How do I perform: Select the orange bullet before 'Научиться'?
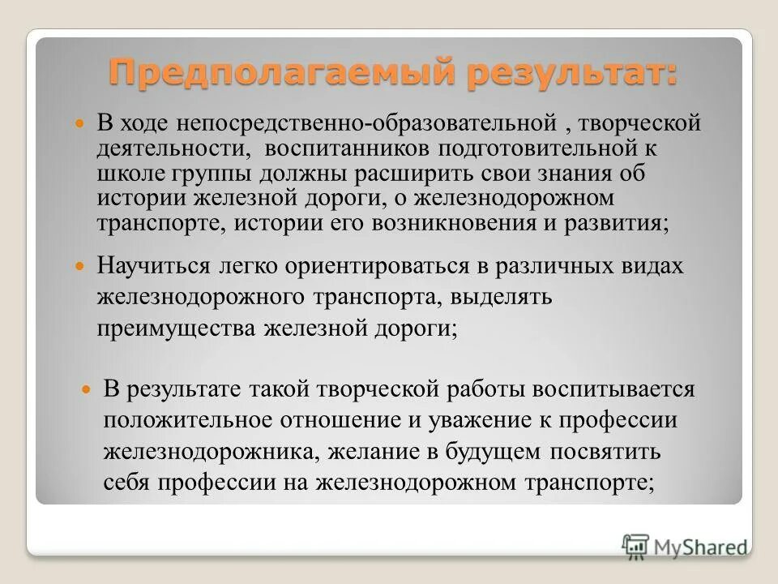79,266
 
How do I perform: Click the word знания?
573,174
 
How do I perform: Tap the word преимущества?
176,328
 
